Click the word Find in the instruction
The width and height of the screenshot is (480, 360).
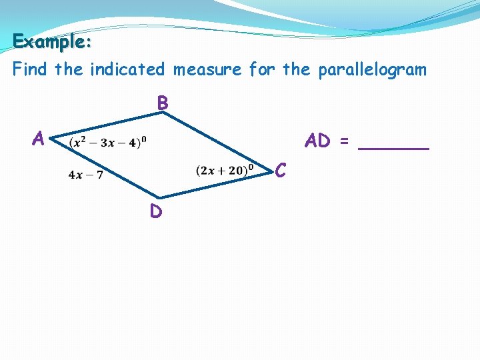(31, 69)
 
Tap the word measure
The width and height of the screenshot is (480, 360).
(208, 69)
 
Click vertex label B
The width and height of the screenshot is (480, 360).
(163, 103)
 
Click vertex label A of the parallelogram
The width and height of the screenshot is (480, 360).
(39, 139)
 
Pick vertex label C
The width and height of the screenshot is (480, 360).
(281, 171)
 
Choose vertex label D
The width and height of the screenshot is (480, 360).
(155, 211)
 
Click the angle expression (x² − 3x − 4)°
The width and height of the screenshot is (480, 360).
(108, 142)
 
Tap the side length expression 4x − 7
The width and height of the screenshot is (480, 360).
(85, 175)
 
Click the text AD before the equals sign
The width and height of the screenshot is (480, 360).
(318, 141)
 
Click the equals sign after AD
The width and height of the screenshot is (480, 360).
(344, 141)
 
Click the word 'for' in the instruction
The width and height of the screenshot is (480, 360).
(263, 69)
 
